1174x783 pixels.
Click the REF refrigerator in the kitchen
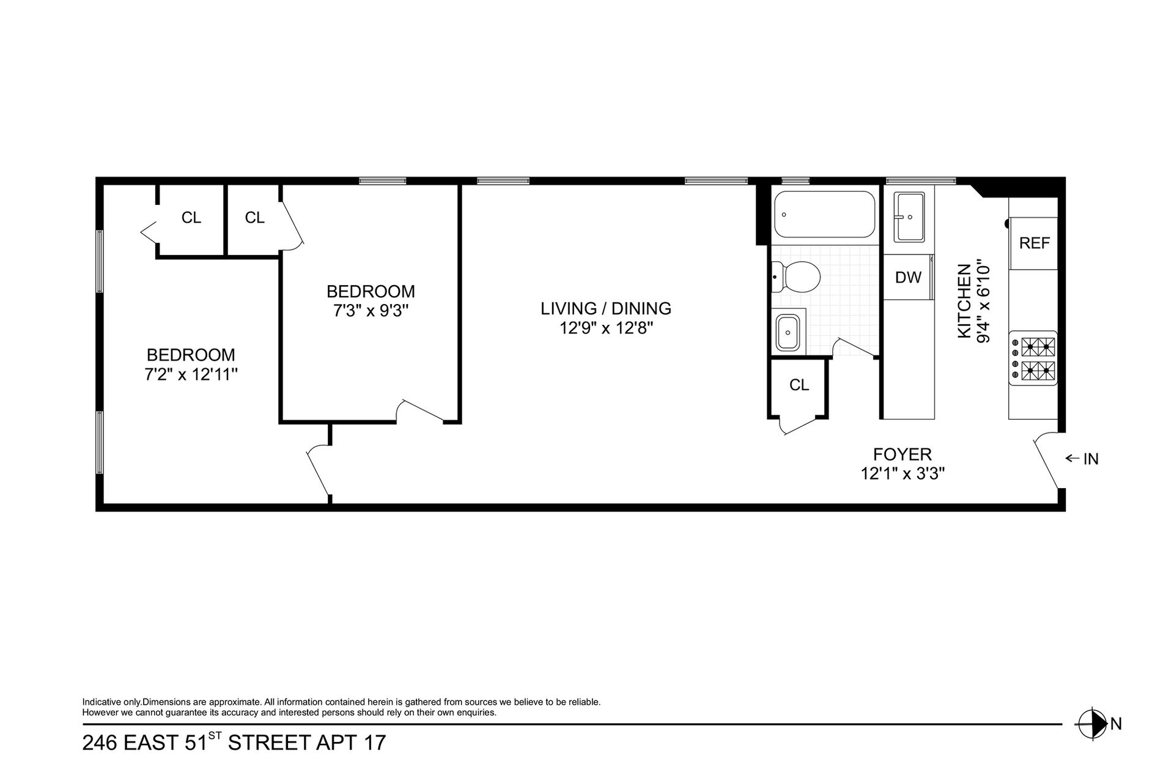click(1033, 243)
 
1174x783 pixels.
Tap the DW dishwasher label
click(908, 278)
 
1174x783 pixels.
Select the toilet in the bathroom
click(796, 277)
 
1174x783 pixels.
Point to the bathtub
click(825, 214)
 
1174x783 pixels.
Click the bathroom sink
click(788, 333)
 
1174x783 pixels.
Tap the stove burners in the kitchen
click(1033, 361)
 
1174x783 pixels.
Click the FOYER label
click(903, 455)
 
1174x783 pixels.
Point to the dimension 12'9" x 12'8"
click(607, 328)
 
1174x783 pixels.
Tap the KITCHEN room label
click(964, 300)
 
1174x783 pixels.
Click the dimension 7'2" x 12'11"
click(191, 374)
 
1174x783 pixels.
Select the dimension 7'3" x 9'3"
click(371, 311)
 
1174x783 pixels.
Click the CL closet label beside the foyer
click(799, 385)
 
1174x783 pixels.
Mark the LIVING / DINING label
click(606, 308)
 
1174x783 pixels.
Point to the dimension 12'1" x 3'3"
click(903, 473)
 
